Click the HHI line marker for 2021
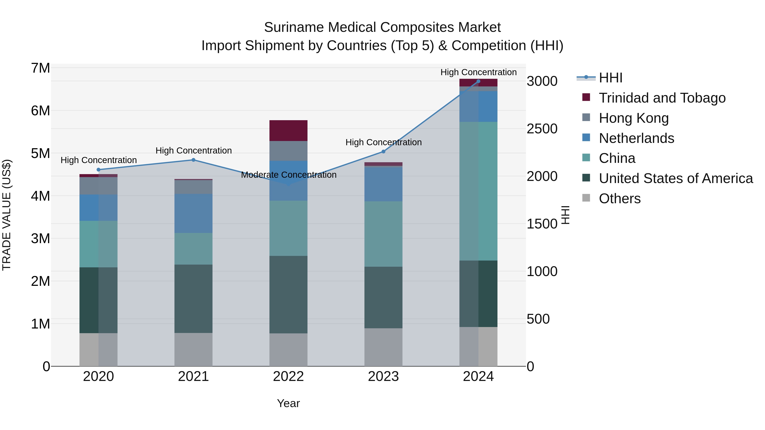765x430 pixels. (x=193, y=160)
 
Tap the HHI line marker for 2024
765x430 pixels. (x=478, y=81)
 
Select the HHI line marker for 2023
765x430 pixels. (x=383, y=152)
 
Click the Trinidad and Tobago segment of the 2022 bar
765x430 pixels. (x=288, y=131)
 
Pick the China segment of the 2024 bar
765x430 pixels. (x=478, y=191)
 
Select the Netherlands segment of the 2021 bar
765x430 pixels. (x=193, y=213)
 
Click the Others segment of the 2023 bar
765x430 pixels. (x=383, y=347)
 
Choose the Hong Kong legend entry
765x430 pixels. (x=633, y=118)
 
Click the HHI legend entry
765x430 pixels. (x=610, y=78)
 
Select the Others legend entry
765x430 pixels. (x=619, y=199)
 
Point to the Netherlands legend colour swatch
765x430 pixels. (x=586, y=138)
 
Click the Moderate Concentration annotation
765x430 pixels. (x=289, y=175)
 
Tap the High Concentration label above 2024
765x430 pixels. (x=478, y=72)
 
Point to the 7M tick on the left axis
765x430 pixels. (x=40, y=68)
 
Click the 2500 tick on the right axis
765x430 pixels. (x=542, y=129)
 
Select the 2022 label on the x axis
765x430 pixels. (x=288, y=376)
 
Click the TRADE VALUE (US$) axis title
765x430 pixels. (x=7, y=215)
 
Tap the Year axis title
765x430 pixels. (x=288, y=403)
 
